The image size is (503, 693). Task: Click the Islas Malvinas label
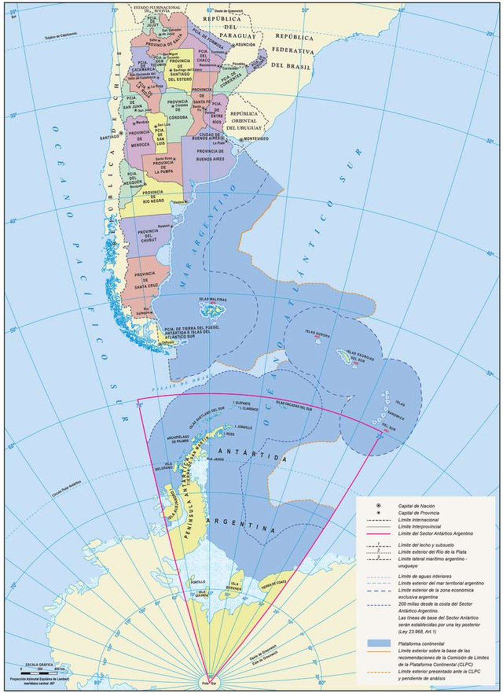(213, 300)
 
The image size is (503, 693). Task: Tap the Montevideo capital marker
(241, 139)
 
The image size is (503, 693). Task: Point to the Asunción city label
(246, 44)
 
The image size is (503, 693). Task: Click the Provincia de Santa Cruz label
(145, 279)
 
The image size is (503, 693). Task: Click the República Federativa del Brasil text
(293, 52)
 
